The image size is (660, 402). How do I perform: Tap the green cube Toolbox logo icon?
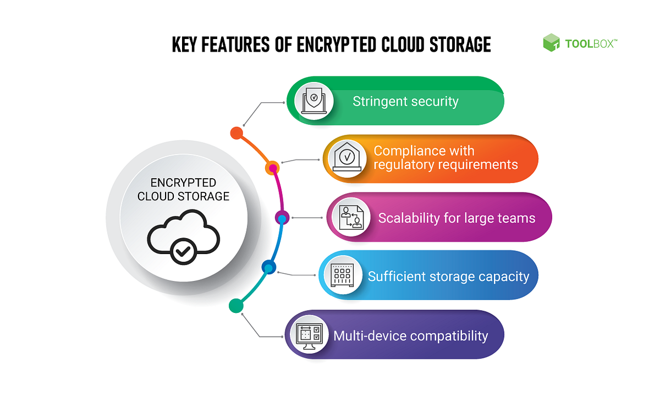(551, 43)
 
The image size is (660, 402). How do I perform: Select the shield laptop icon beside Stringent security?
(311, 101)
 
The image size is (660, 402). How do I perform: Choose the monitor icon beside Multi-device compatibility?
(309, 334)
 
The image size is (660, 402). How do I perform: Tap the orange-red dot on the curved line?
(237, 133)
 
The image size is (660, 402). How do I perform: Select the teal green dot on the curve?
(236, 305)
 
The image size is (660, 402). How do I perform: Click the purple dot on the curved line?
(281, 216)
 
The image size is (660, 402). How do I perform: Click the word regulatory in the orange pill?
(405, 164)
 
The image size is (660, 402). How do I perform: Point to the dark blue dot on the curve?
(268, 268)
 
